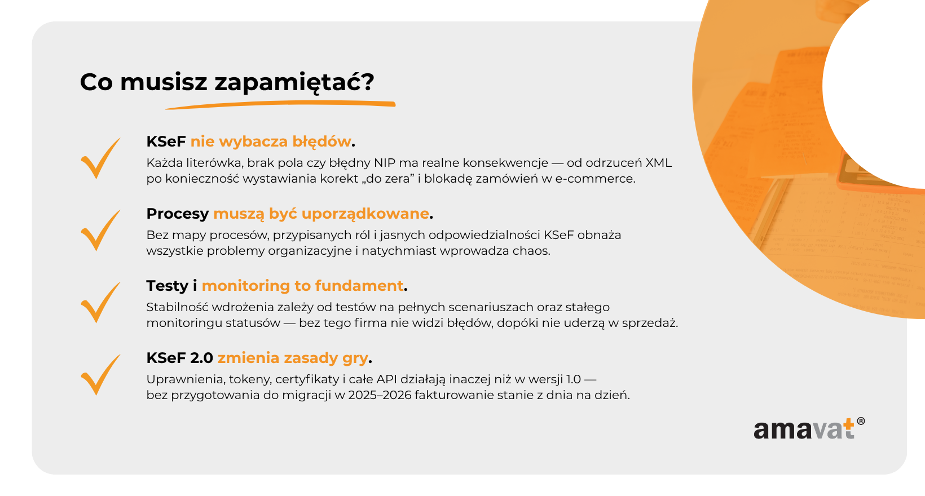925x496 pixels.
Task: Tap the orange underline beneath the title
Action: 280,105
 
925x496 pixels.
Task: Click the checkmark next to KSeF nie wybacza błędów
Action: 100,158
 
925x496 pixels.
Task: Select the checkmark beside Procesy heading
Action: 100,231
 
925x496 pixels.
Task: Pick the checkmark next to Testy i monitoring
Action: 100,303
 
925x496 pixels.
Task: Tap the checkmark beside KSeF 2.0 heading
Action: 100,375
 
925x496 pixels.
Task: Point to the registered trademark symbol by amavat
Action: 861,421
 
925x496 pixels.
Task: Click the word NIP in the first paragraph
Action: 385,163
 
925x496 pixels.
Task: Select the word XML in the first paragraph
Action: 659,163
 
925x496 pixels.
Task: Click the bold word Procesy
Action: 178,214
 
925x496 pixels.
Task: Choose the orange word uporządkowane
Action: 365,214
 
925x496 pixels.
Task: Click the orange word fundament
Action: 359,286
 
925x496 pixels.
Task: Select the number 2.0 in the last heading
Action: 201,358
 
